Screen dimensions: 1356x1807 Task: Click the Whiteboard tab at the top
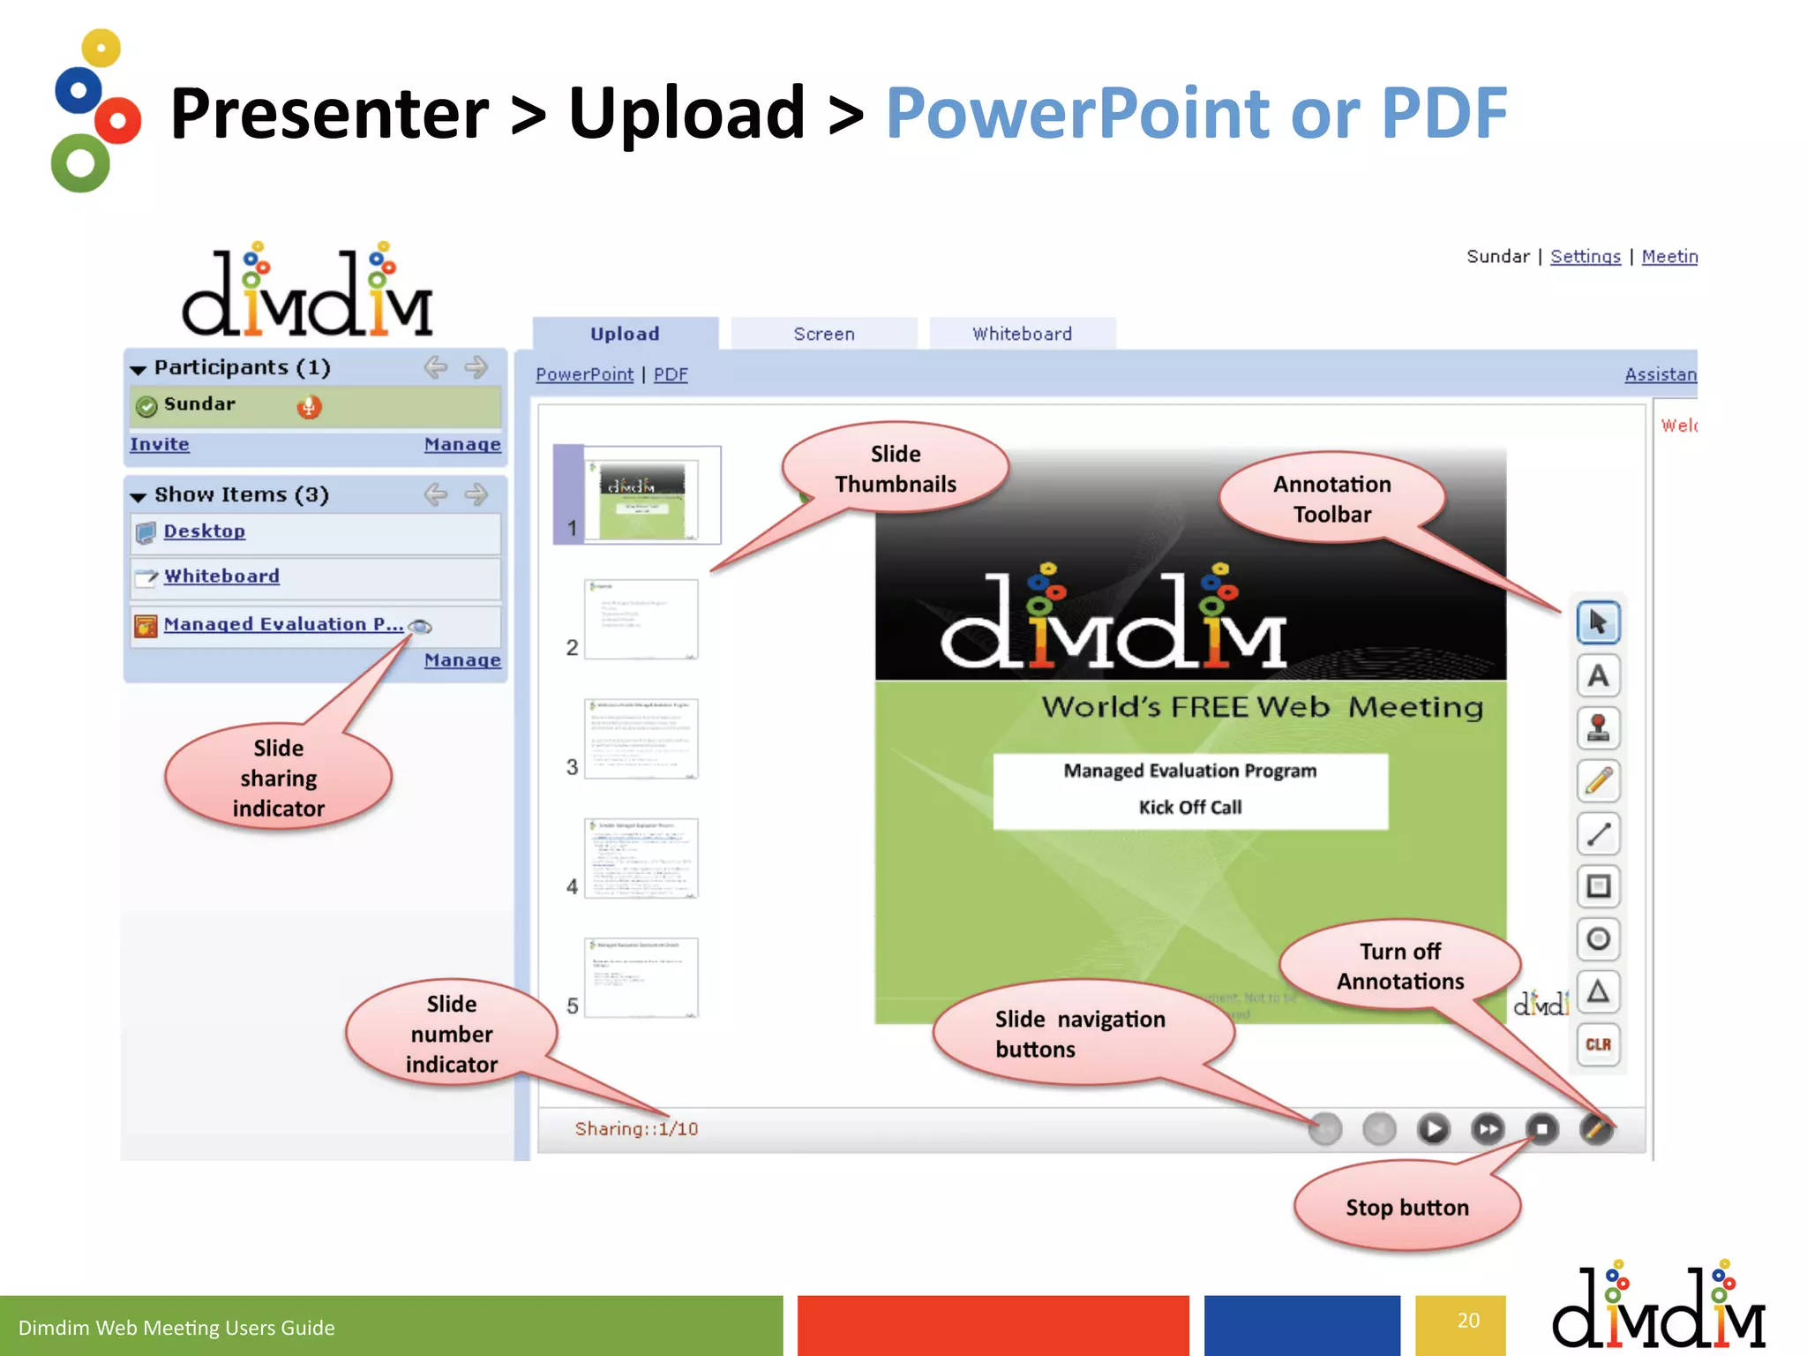point(1022,334)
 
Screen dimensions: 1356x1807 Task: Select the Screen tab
point(823,334)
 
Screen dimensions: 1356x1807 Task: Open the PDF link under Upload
point(671,374)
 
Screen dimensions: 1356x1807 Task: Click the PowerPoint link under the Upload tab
point(584,374)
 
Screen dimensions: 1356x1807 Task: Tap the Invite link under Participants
point(160,444)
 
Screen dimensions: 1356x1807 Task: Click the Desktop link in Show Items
point(204,531)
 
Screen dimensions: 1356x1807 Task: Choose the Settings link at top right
point(1585,257)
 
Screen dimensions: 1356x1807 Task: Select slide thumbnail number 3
point(641,739)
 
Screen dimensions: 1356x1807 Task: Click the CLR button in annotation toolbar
point(1598,1044)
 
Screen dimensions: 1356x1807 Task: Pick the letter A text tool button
point(1598,676)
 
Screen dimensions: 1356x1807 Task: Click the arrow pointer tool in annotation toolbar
point(1598,623)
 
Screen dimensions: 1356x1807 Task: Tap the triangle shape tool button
point(1598,991)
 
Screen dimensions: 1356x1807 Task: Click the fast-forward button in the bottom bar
point(1488,1129)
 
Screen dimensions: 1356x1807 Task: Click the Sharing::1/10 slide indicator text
point(636,1129)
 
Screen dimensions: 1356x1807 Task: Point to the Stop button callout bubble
point(1406,1207)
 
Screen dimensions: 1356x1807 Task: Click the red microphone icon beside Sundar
point(309,407)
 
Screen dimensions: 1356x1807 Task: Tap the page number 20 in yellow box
point(1468,1321)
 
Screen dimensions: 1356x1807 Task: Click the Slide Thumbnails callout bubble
point(895,469)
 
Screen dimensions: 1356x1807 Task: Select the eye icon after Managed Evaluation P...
point(421,627)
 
